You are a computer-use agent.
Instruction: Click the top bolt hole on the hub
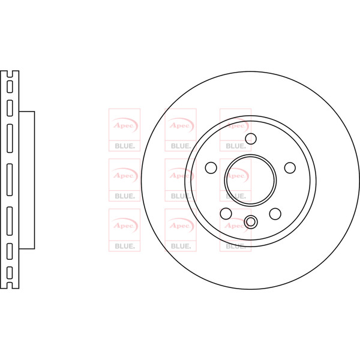pyautogui.click(x=251, y=139)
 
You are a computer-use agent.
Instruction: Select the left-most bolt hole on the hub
pyautogui.click(x=211, y=167)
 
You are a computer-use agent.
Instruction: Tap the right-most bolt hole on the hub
pyautogui.click(x=290, y=168)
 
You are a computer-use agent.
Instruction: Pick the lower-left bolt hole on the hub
pyautogui.click(x=226, y=214)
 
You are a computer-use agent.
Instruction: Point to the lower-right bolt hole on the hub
pyautogui.click(x=275, y=214)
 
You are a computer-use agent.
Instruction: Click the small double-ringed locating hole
pyautogui.click(x=250, y=222)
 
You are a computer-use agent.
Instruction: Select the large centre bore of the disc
pyautogui.click(x=250, y=180)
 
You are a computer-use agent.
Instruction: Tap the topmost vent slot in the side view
pyautogui.click(x=10, y=86)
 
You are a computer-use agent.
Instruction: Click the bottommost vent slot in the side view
pyautogui.click(x=10, y=273)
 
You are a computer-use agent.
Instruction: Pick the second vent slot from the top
pyautogui.click(x=10, y=108)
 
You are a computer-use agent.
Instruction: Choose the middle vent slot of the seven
pyautogui.click(x=10, y=180)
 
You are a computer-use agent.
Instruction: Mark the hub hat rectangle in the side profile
pyautogui.click(x=26, y=180)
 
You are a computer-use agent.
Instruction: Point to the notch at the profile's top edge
pyautogui.click(x=10, y=74)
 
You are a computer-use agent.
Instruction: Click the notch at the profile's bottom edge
pyautogui.click(x=10, y=286)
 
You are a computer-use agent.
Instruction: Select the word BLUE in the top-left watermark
pyautogui.click(x=124, y=146)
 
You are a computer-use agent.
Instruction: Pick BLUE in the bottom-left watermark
pyautogui.click(x=124, y=246)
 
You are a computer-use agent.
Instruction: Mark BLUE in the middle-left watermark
pyautogui.click(x=124, y=196)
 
